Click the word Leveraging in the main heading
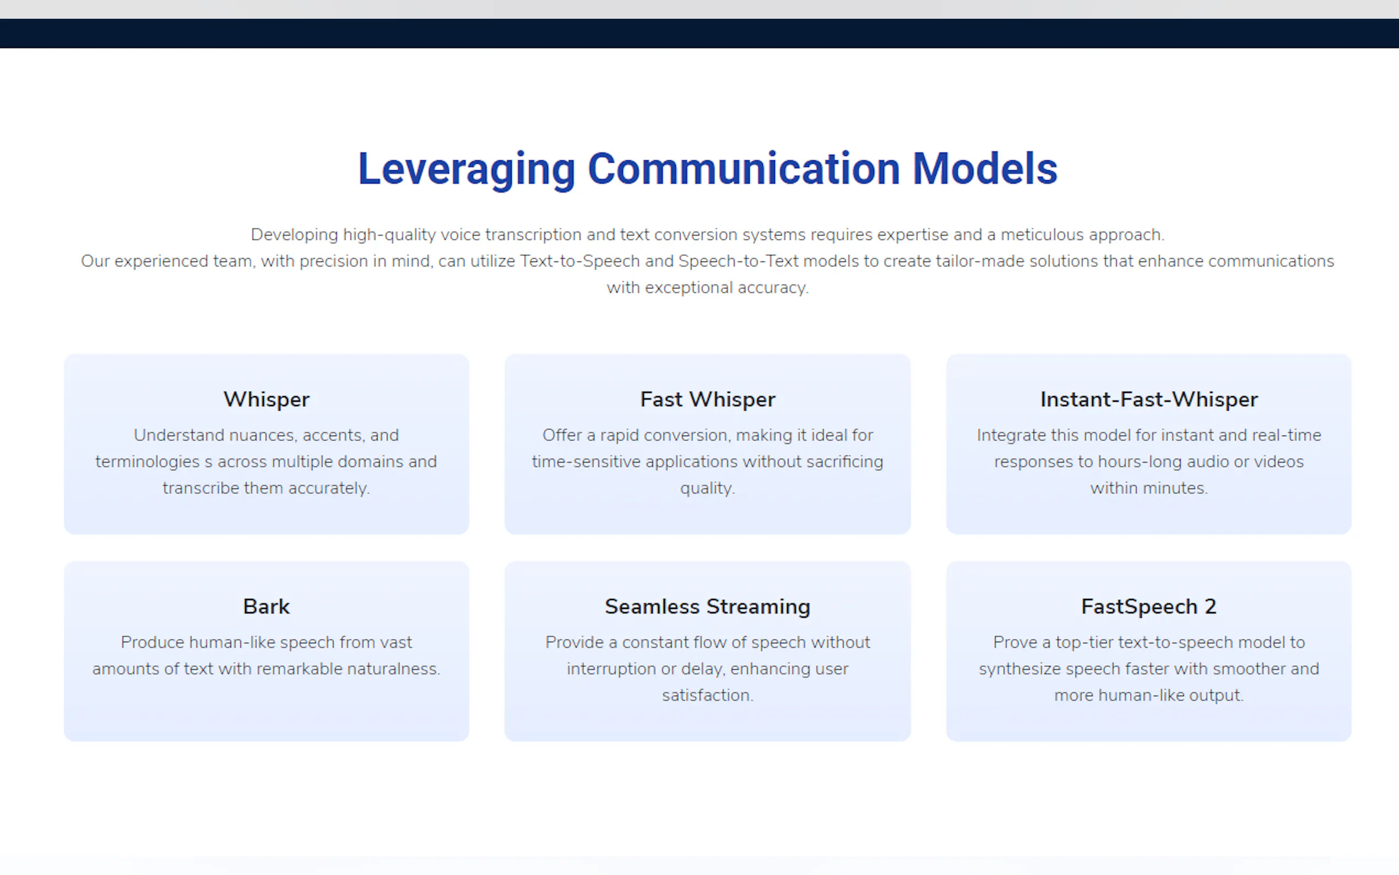(467, 169)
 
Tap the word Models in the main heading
(985, 169)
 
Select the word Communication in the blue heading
(744, 169)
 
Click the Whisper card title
(267, 400)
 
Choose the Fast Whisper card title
(707, 400)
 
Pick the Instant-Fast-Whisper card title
(1148, 399)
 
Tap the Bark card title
(267, 607)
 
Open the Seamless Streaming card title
(707, 607)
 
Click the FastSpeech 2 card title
(1148, 607)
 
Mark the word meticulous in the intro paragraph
(1042, 234)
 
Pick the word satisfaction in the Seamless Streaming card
(707, 695)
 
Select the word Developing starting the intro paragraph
(294, 235)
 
